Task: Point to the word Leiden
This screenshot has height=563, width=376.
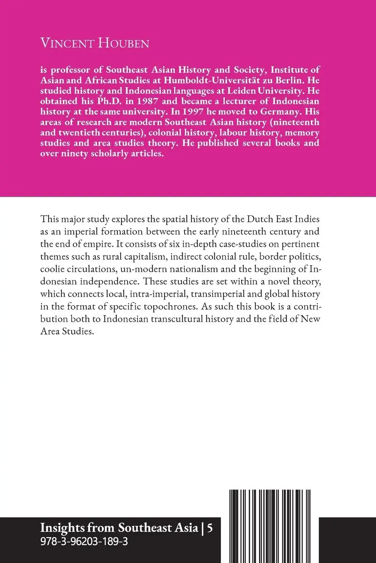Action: [x=251, y=91]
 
